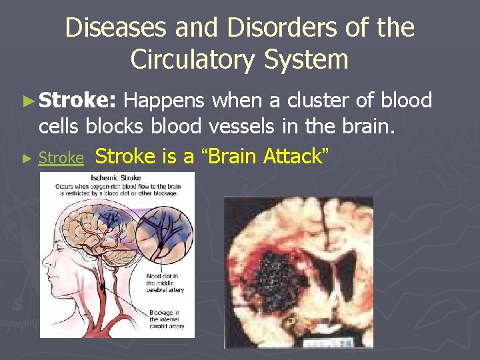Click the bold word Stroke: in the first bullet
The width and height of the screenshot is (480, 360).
[78, 100]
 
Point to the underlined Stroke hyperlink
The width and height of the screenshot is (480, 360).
[61, 158]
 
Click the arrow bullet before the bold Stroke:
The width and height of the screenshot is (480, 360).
[27, 101]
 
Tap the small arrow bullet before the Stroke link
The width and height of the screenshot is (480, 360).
[27, 159]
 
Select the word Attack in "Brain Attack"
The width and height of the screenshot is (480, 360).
[295, 156]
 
